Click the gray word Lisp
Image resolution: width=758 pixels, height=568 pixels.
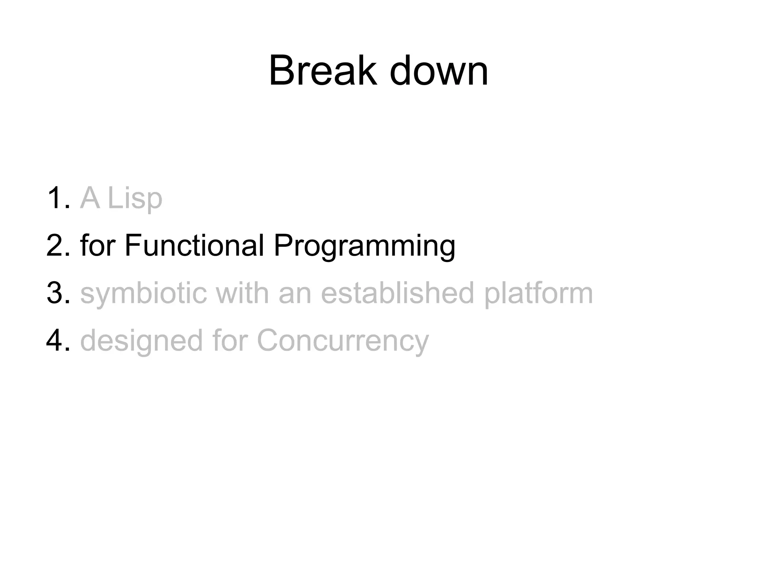(135, 199)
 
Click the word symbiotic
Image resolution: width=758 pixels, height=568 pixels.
(143, 293)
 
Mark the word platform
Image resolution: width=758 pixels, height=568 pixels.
(539, 293)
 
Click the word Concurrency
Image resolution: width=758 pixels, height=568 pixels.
(343, 341)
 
